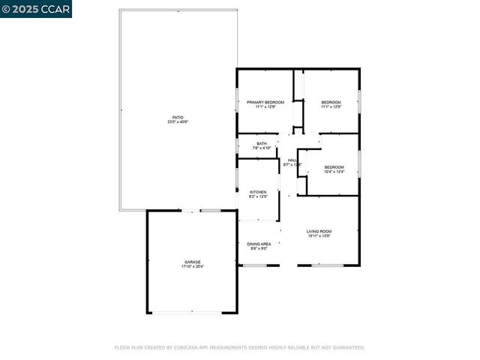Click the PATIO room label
pyautogui.click(x=178, y=117)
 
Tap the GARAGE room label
pyautogui.click(x=193, y=262)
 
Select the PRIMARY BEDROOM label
pyautogui.click(x=265, y=102)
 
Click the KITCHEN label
pyautogui.click(x=258, y=192)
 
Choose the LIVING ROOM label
pyautogui.click(x=319, y=231)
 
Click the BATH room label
pyautogui.click(x=262, y=143)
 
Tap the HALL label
pyautogui.click(x=292, y=160)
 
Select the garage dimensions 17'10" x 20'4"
pyautogui.click(x=193, y=266)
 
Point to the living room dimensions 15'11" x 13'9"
pyautogui.click(x=319, y=235)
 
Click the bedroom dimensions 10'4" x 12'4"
pyautogui.click(x=334, y=171)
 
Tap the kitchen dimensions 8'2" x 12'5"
pyautogui.click(x=258, y=196)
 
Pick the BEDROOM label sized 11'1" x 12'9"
pyautogui.click(x=331, y=102)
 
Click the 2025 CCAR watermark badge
pyautogui.click(x=36, y=9)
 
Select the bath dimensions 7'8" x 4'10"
pyautogui.click(x=262, y=148)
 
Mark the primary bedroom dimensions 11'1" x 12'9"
pyautogui.click(x=265, y=106)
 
